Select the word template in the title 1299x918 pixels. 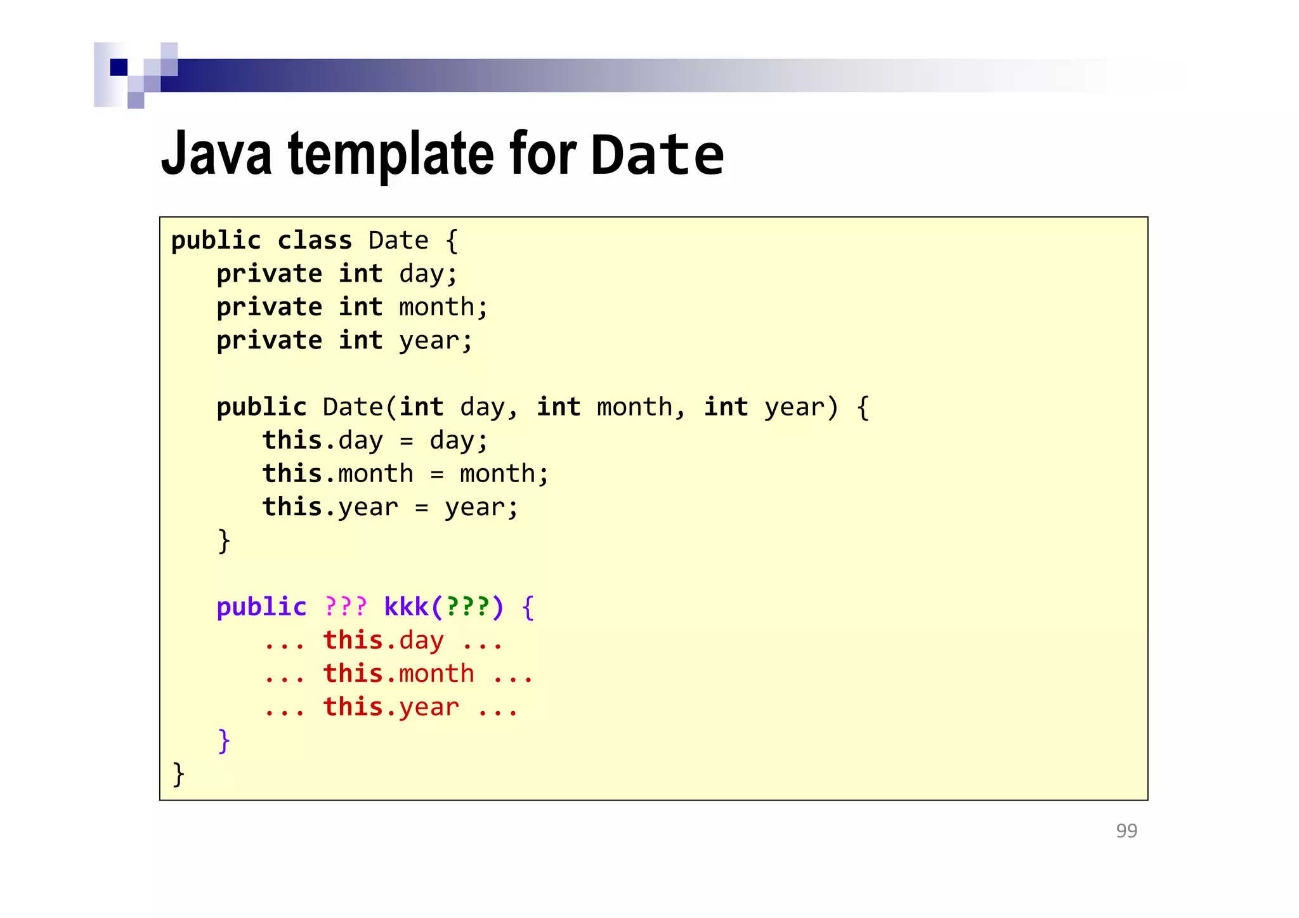(390, 154)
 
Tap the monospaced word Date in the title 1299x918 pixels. (657, 155)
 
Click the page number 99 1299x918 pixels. (1126, 830)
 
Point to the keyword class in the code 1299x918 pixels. (315, 241)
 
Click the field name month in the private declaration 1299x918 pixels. (436, 308)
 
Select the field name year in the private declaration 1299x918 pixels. (429, 341)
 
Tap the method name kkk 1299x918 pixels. (406, 607)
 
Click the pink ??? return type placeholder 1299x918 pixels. (346, 607)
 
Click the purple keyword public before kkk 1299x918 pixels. (261, 607)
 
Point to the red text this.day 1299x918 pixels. (383, 641)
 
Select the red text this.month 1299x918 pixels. (398, 674)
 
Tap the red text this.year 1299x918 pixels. (391, 707)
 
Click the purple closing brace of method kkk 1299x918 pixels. (223, 740)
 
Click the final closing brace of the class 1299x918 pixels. (178, 774)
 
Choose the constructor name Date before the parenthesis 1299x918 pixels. (352, 407)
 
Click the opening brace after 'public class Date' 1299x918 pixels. (452, 241)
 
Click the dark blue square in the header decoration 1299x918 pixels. (119, 67)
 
